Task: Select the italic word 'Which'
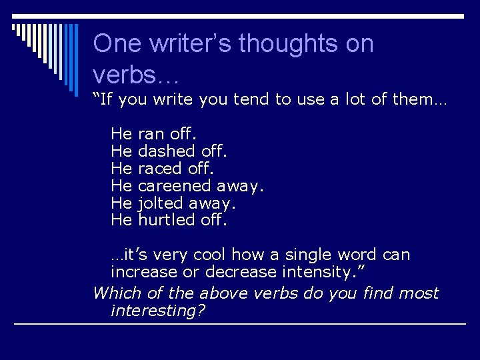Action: pos(113,293)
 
